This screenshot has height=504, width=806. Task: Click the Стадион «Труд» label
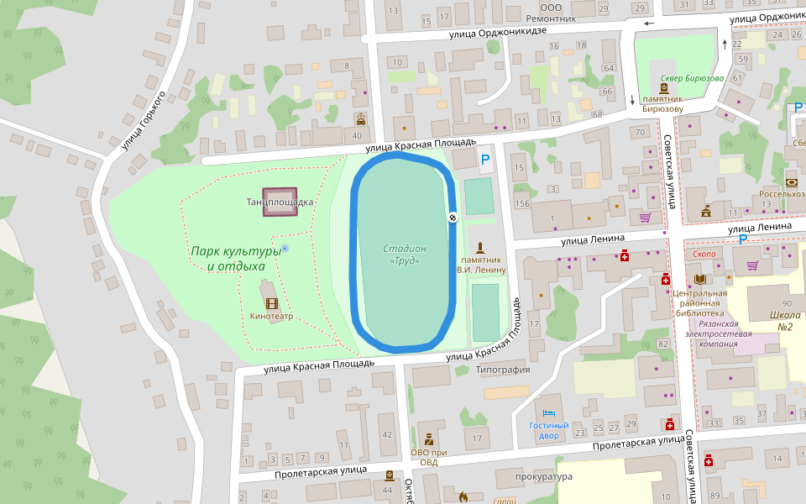(405, 255)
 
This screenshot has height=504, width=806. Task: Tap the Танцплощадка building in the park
(280, 202)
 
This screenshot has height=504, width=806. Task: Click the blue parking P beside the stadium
(484, 158)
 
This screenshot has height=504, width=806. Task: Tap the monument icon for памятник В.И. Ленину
(480, 248)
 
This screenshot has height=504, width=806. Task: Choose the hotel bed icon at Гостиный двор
(549, 413)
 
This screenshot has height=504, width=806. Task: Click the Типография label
(503, 370)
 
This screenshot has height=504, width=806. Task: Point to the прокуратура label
(544, 477)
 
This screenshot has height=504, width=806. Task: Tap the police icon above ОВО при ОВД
(429, 438)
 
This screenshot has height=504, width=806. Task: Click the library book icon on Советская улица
(699, 279)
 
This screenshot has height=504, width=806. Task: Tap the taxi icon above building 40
(359, 118)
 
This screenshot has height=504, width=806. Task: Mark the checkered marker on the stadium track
(452, 218)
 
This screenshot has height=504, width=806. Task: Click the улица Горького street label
(143, 120)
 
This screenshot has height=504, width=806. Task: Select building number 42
(387, 434)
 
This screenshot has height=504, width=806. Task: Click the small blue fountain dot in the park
(285, 249)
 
